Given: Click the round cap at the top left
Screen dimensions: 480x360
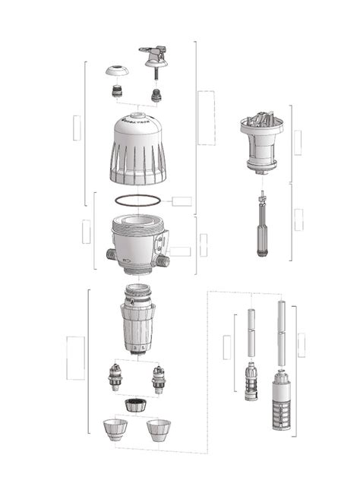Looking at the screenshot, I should [115, 71].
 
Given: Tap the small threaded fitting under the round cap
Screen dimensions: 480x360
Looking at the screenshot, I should [116, 93].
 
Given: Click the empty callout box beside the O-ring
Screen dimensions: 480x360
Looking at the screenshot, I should [182, 201].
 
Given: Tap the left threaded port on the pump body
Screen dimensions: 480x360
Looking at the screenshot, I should [104, 252].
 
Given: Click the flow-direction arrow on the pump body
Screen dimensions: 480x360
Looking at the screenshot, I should [128, 265].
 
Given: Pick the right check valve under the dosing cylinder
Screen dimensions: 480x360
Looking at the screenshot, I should [159, 378].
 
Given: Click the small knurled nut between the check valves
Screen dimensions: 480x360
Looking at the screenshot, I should [137, 403].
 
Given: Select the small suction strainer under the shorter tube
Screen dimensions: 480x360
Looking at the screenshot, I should [249, 383].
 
